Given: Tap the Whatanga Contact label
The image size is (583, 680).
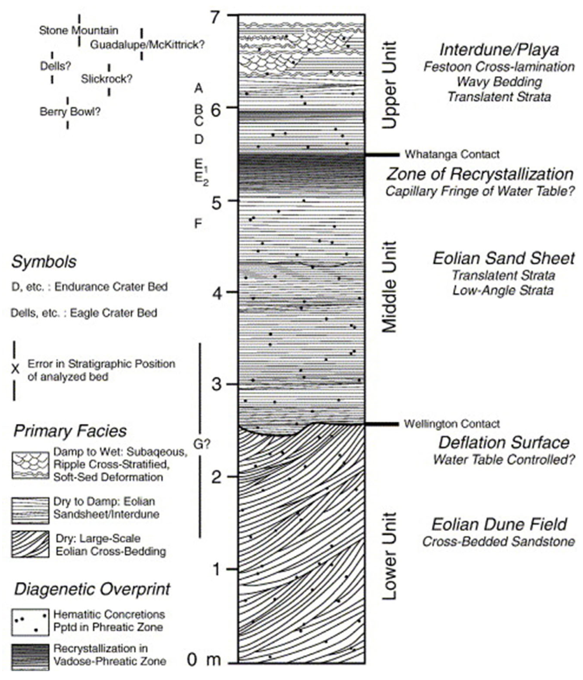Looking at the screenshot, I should coord(452,154).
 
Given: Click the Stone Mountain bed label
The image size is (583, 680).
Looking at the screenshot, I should coord(79,30).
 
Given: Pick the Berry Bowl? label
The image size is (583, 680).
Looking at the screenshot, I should coord(70,112).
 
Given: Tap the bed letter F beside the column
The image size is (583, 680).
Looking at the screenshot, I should coord(198,224).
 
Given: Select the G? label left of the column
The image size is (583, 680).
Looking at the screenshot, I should coord(201,445).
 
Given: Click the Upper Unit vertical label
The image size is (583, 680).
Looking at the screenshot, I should coord(390,85).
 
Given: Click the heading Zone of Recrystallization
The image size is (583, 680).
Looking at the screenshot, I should coord(480,174).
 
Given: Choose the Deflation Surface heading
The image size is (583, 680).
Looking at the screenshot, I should coord(504,443).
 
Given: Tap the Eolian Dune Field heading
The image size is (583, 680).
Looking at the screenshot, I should coord(499,524).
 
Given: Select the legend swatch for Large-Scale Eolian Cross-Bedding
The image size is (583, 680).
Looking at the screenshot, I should coord(30,544).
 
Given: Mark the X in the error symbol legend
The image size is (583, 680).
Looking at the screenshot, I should coord(15,370).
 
